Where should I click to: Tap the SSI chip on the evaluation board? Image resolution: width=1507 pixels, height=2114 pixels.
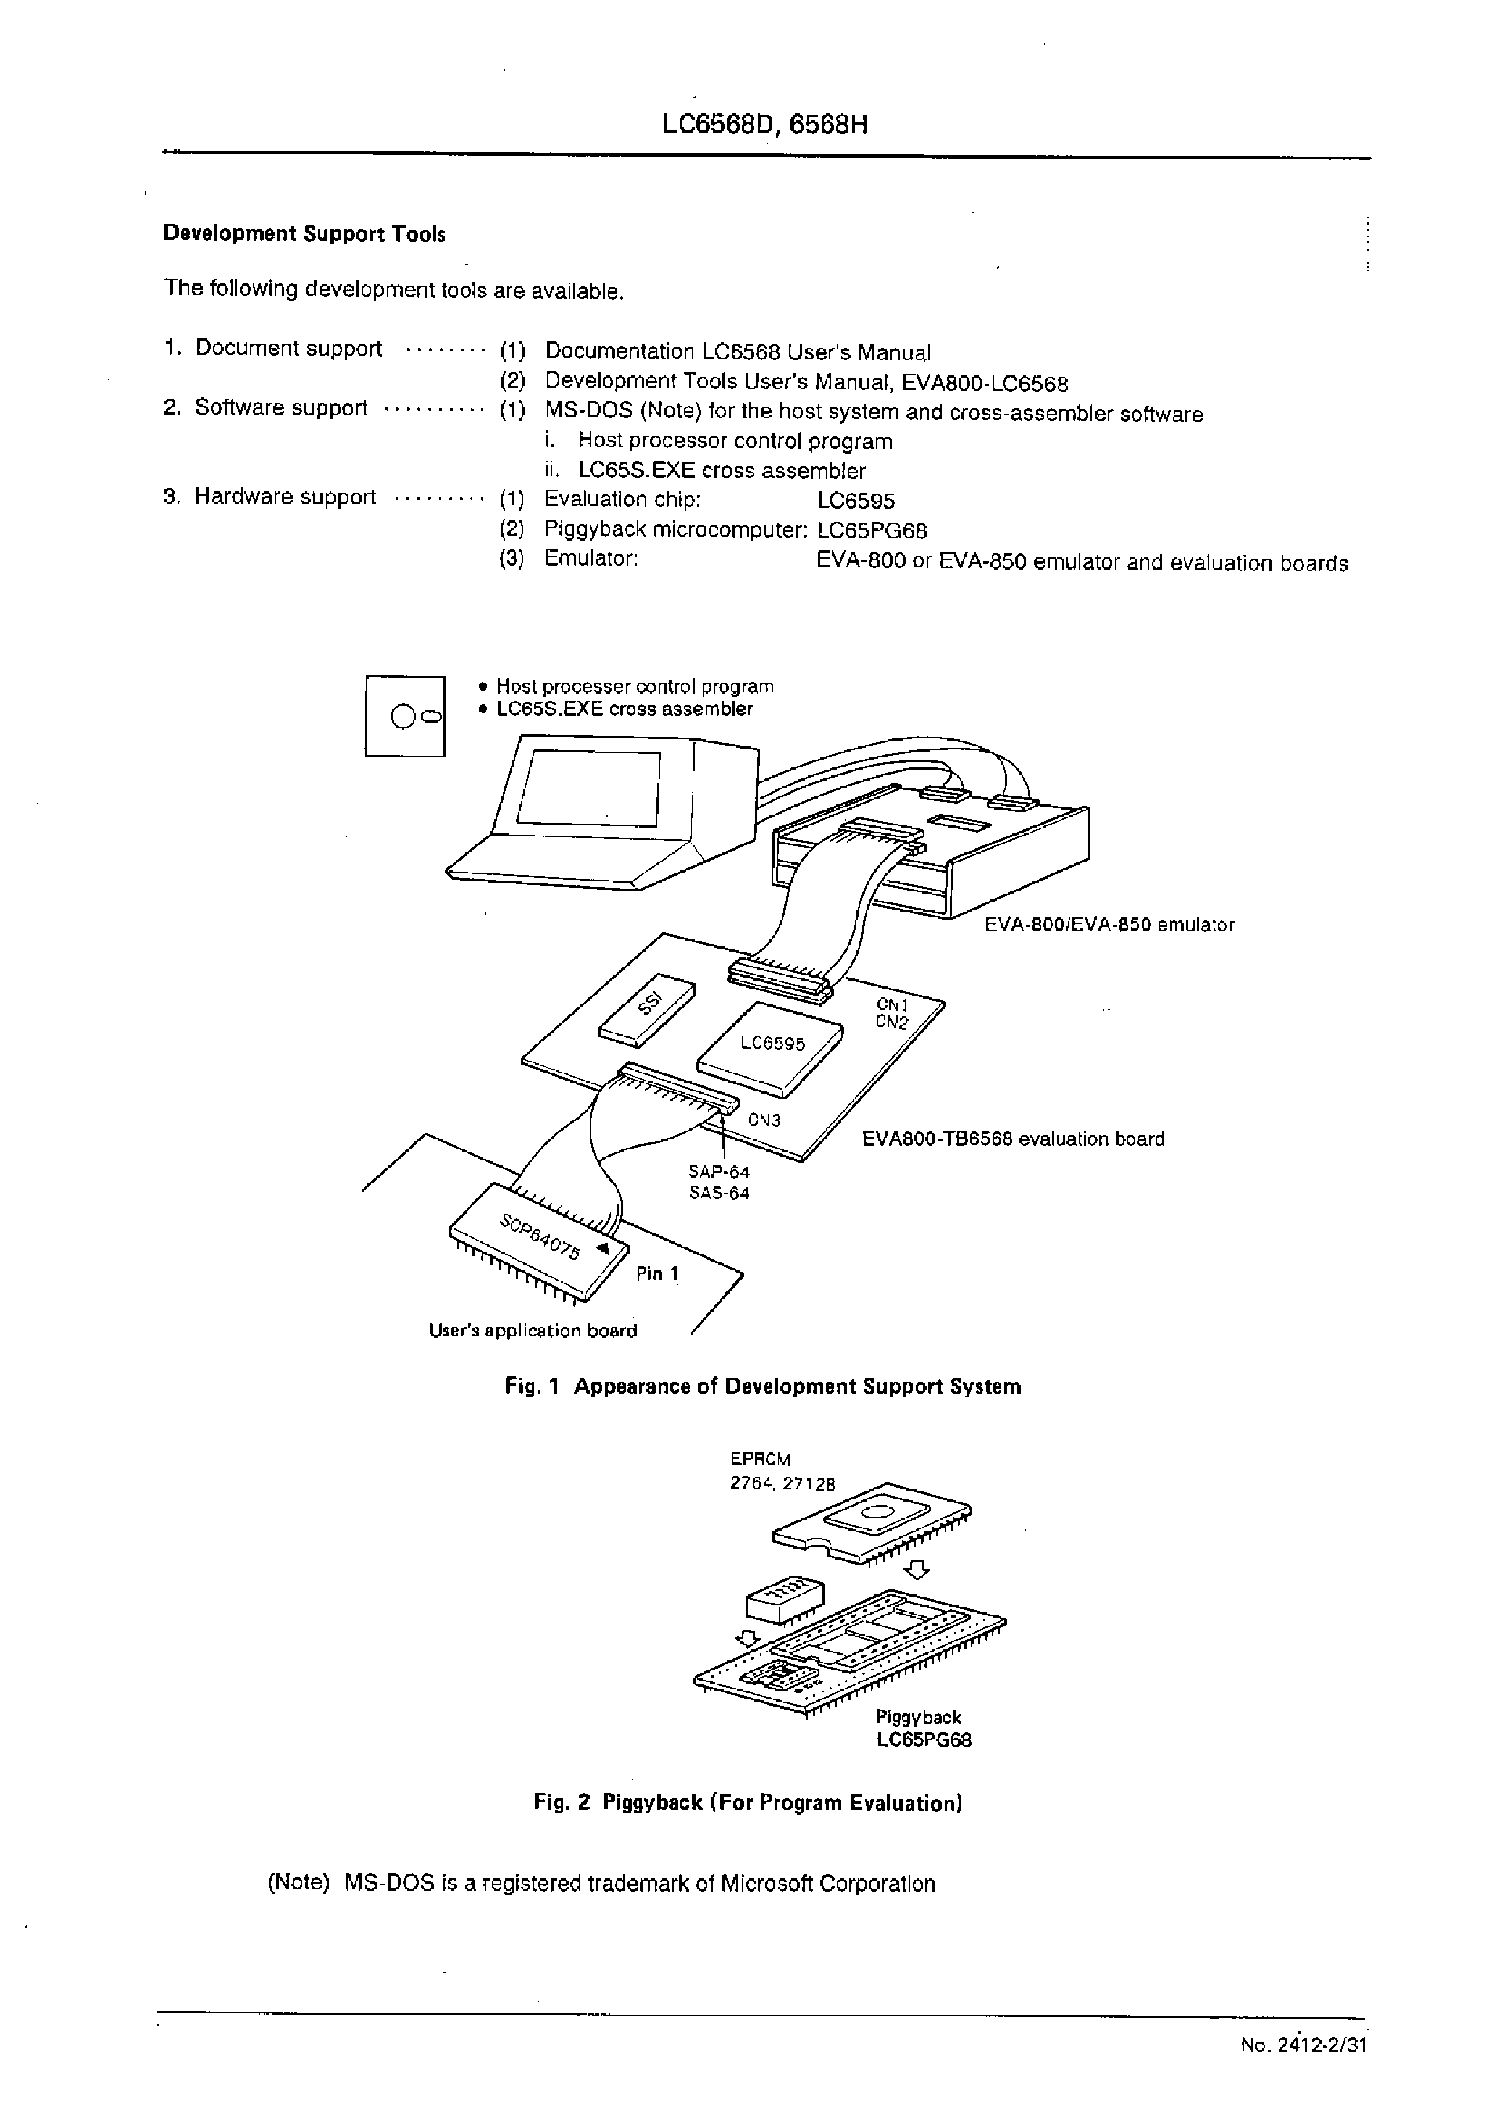pyautogui.click(x=648, y=1009)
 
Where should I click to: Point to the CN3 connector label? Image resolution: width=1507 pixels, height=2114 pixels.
pyautogui.click(x=764, y=1120)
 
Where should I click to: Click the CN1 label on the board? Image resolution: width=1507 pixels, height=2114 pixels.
pyautogui.click(x=892, y=1004)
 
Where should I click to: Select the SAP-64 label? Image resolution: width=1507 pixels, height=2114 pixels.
pyautogui.click(x=719, y=1172)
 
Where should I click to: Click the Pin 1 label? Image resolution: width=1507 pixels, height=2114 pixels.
pyautogui.click(x=657, y=1274)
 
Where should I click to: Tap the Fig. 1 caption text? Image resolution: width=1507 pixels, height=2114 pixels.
pyautogui.click(x=763, y=1386)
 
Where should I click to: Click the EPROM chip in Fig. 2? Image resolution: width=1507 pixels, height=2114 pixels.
pyautogui.click(x=872, y=1519)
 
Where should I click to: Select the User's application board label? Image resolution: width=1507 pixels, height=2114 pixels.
pyautogui.click(x=533, y=1331)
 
